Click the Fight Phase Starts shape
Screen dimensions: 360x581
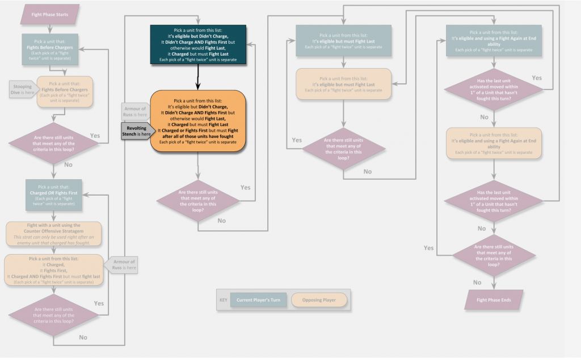50,14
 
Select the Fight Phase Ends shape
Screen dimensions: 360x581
493,299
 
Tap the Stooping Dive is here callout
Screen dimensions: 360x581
23,88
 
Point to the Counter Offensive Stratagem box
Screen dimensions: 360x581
54,234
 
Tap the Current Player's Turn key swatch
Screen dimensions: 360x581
258,300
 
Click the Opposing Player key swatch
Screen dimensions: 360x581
318,300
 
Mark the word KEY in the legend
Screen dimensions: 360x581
224,300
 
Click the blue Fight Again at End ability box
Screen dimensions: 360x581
493,40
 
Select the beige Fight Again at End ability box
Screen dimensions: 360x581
493,142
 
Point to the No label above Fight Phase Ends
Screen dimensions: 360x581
477,282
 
